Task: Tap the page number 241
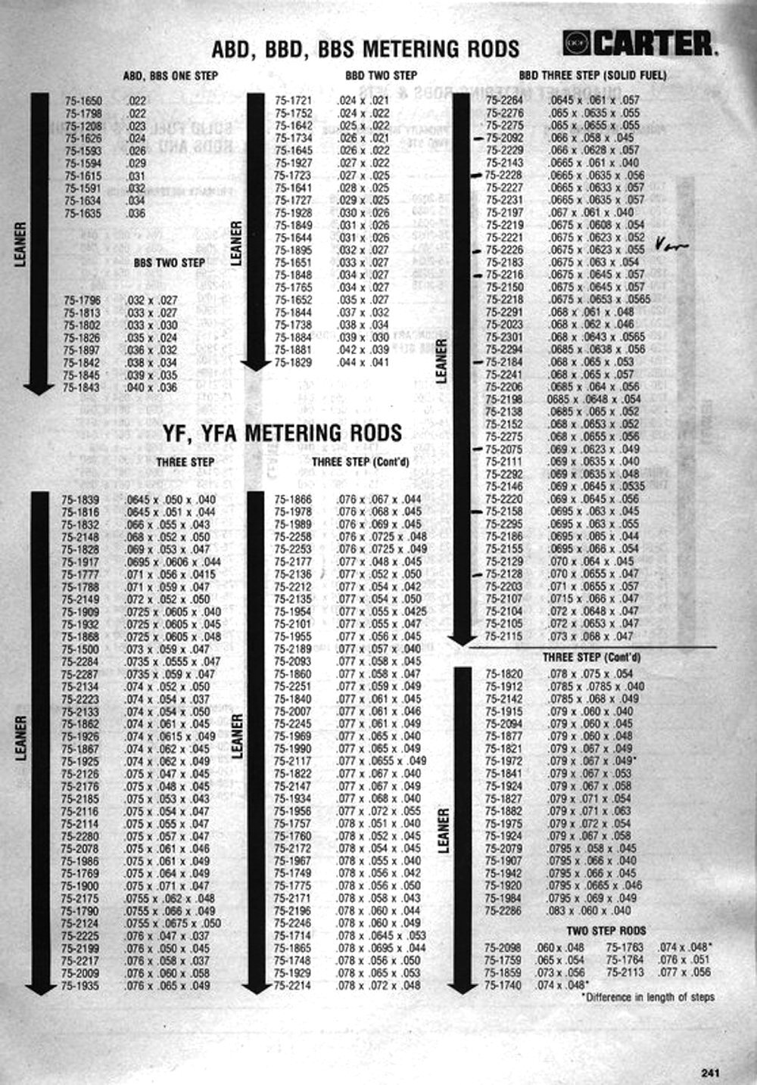[711, 1071]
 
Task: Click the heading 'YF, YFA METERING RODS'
[282, 434]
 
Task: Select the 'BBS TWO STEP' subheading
[169, 263]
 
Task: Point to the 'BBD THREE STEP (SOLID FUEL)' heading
[593, 76]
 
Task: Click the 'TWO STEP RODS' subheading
[606, 931]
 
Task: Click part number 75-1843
[83, 387]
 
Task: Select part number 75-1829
[293, 362]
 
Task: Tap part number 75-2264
[504, 101]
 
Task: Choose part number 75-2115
[503, 636]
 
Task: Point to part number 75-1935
[80, 986]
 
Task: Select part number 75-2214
[292, 986]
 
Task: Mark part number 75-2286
[503, 911]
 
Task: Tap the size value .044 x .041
[363, 362]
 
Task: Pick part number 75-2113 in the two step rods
[625, 972]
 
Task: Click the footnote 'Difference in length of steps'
[649, 997]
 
